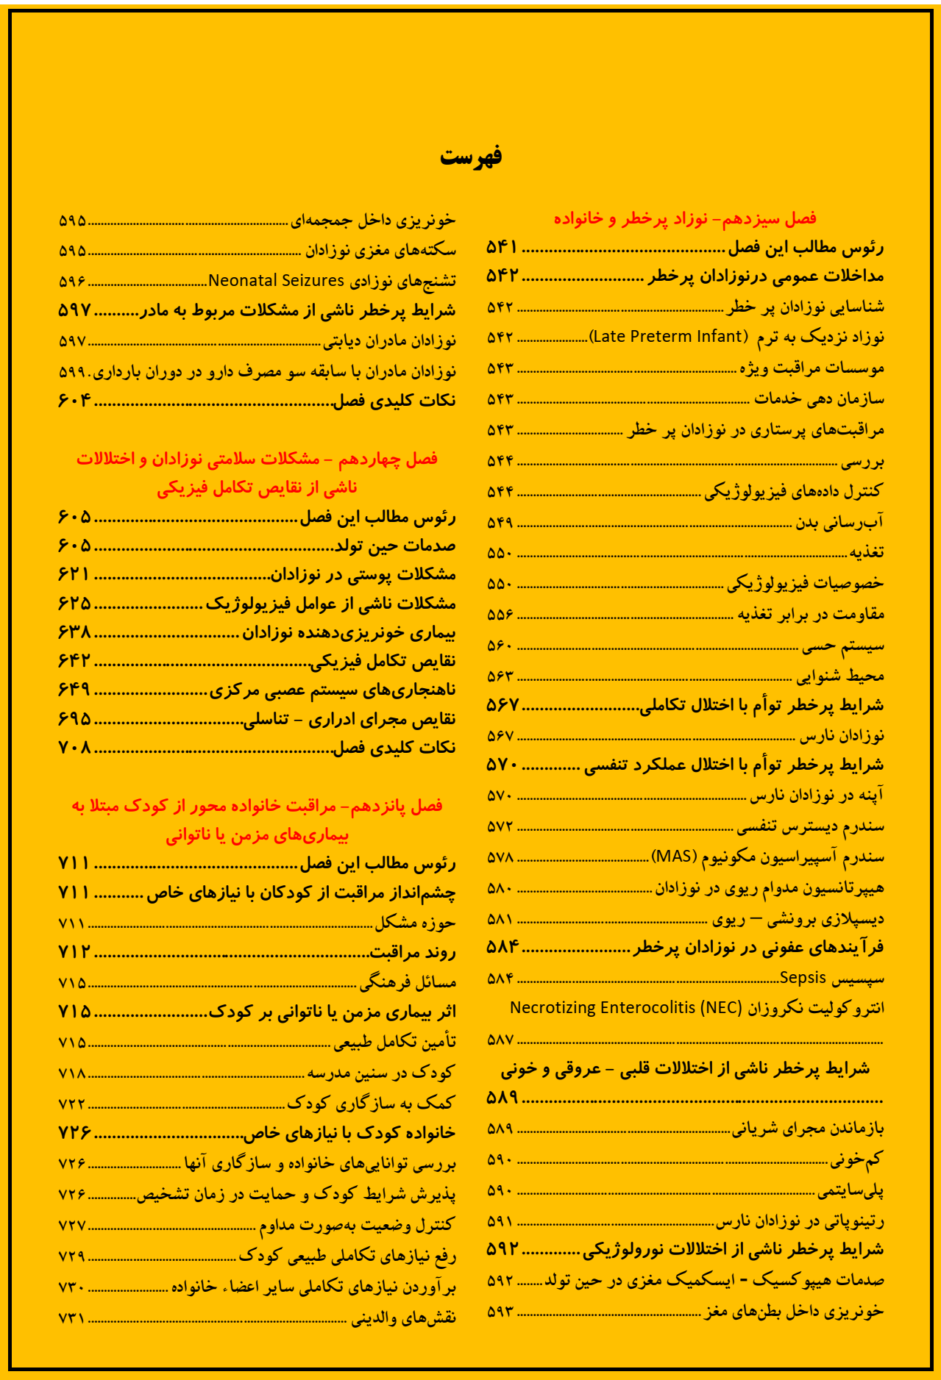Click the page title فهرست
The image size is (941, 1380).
click(471, 157)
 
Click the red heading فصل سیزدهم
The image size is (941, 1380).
click(685, 218)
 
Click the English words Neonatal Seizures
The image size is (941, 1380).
click(276, 281)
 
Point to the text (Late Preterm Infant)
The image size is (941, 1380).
click(668, 337)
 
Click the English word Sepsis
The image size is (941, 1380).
click(803, 978)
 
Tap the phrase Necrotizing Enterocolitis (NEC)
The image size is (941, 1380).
click(626, 1008)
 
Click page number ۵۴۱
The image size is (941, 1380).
click(502, 248)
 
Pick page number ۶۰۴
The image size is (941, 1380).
click(74, 401)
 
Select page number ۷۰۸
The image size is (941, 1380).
click(74, 748)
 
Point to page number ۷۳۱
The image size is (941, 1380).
click(72, 1318)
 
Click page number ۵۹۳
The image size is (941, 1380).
click(500, 1312)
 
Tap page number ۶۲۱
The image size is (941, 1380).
click(74, 574)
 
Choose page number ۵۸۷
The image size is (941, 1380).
click(500, 1040)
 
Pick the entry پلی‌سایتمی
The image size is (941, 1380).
click(851, 1190)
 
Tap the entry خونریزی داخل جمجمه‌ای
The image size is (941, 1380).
click(373, 220)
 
